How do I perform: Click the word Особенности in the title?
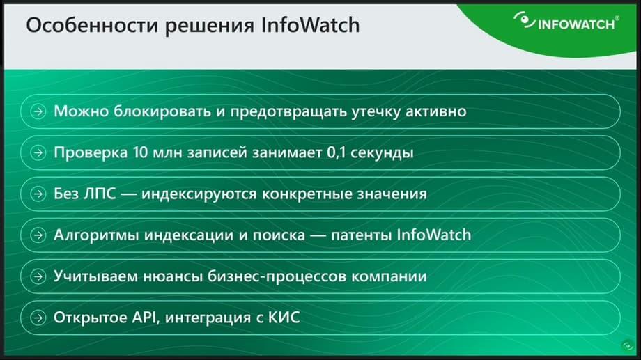92,25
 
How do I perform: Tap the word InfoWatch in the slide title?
310,25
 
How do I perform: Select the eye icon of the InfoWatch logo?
524,20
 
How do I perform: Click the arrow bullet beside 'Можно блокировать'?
38,111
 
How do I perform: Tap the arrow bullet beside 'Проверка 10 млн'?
38,152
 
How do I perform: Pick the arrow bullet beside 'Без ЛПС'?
38,194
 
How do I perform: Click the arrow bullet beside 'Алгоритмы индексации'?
38,235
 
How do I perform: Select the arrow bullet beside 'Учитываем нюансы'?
38,276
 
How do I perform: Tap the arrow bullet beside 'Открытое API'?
38,318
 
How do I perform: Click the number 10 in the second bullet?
140,152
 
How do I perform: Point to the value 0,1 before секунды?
336,152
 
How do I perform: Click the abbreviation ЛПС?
100,194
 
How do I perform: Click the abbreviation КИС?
284,318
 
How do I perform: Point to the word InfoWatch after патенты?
434,235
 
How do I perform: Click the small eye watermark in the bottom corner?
628,347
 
